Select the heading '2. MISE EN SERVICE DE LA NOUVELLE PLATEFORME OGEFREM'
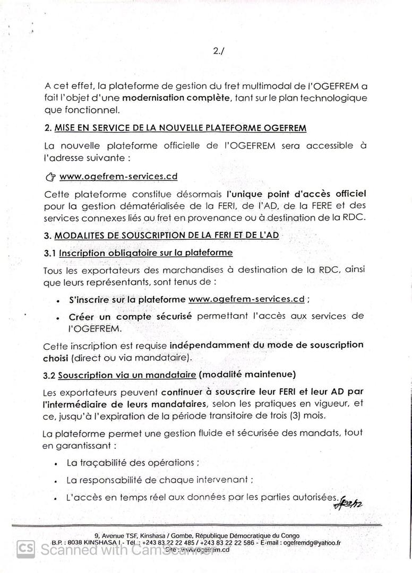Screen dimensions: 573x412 pyautogui.click(x=175, y=128)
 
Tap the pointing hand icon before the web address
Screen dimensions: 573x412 pyautogui.click(x=50, y=177)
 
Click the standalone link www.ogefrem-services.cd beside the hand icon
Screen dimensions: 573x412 pyautogui.click(x=118, y=176)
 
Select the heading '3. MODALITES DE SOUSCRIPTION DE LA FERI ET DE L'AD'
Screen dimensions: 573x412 pyautogui.click(x=162, y=236)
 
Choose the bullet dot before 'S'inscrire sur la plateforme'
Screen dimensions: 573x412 pyautogui.click(x=57, y=300)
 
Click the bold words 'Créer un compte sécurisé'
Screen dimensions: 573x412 pyautogui.click(x=131, y=316)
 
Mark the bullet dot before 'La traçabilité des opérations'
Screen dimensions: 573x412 pyautogui.click(x=56, y=463)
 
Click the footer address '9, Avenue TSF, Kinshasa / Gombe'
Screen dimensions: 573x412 pyautogui.click(x=143, y=535)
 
